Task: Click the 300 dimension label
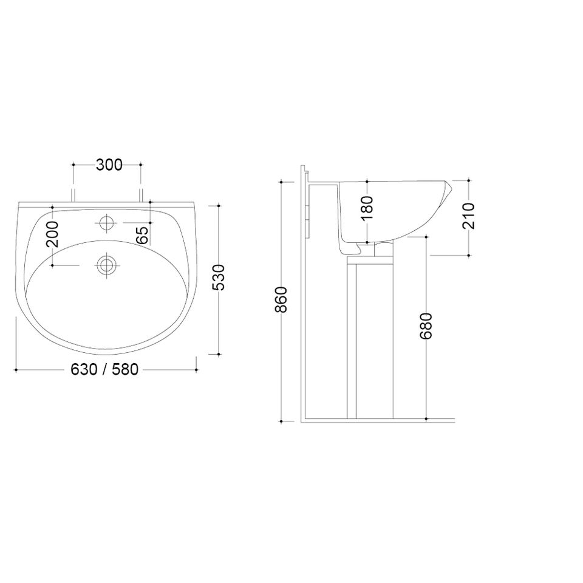pyautogui.click(x=109, y=165)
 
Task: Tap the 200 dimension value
pyautogui.click(x=52, y=234)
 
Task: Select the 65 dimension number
pyautogui.click(x=142, y=236)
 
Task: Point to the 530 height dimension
pyautogui.click(x=218, y=278)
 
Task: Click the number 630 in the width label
pyautogui.click(x=84, y=369)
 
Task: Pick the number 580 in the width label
pyautogui.click(x=124, y=369)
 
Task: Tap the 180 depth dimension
pyautogui.click(x=367, y=208)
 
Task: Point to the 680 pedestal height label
pyautogui.click(x=426, y=326)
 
